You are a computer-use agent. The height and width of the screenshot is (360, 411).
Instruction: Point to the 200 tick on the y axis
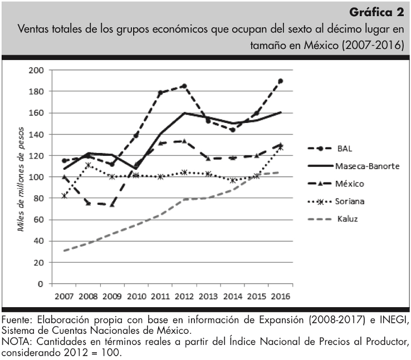[36, 70]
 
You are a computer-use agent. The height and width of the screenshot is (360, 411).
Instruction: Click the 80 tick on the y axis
[38, 198]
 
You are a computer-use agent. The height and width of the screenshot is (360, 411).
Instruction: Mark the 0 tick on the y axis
[41, 284]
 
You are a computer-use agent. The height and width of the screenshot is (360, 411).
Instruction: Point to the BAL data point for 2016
[280, 81]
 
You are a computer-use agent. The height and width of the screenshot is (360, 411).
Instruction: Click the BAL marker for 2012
[184, 86]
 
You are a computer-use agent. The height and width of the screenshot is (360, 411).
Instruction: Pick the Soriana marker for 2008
[89, 165]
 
